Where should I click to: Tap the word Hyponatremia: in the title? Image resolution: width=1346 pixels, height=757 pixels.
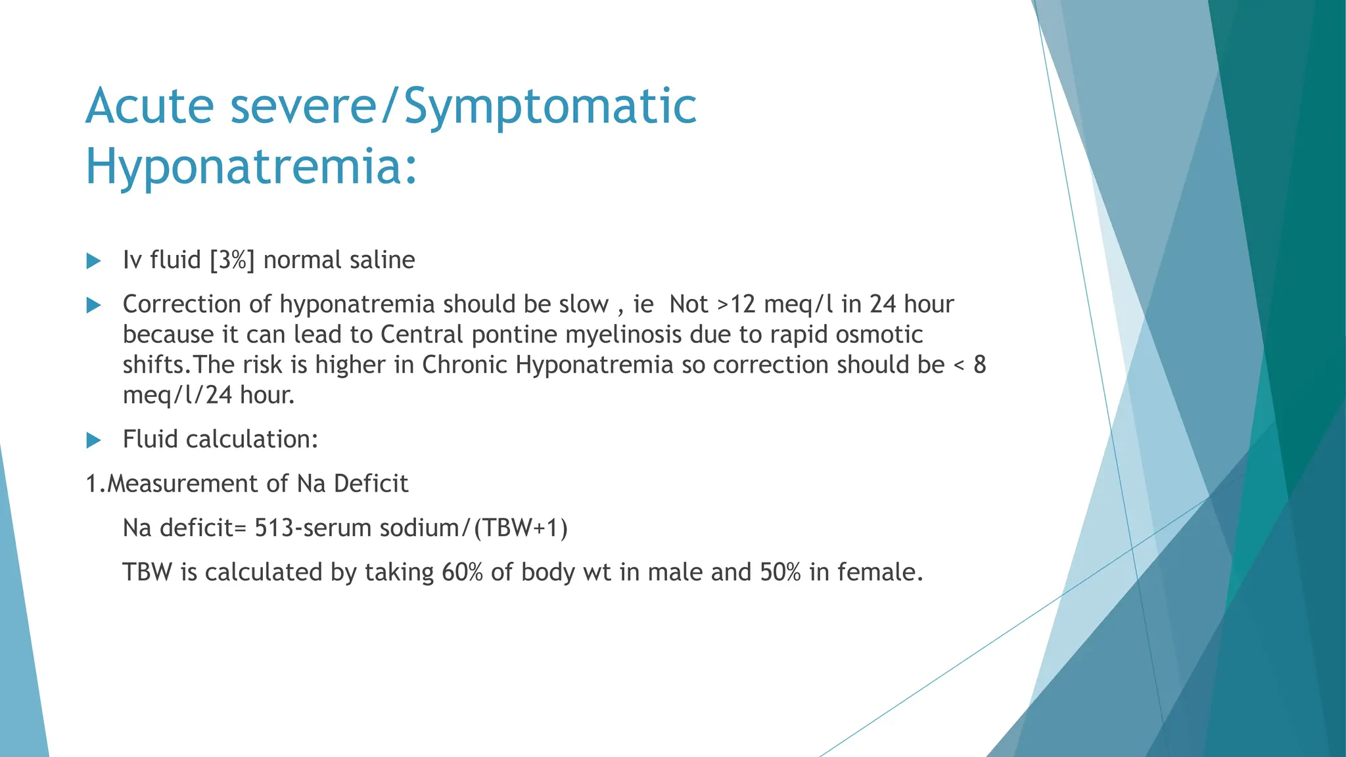252,166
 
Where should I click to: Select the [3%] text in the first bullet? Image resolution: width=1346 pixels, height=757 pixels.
232,260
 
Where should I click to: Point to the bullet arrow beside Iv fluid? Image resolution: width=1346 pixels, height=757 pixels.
94,261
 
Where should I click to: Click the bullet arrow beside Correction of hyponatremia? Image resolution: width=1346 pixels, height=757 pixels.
94,305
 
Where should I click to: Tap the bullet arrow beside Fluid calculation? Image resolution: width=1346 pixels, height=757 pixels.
94,440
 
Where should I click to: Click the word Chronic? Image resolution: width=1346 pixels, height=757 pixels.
464,365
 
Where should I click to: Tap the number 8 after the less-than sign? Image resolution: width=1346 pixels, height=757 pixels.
979,365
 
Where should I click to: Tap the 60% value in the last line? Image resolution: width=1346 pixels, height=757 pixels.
462,572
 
